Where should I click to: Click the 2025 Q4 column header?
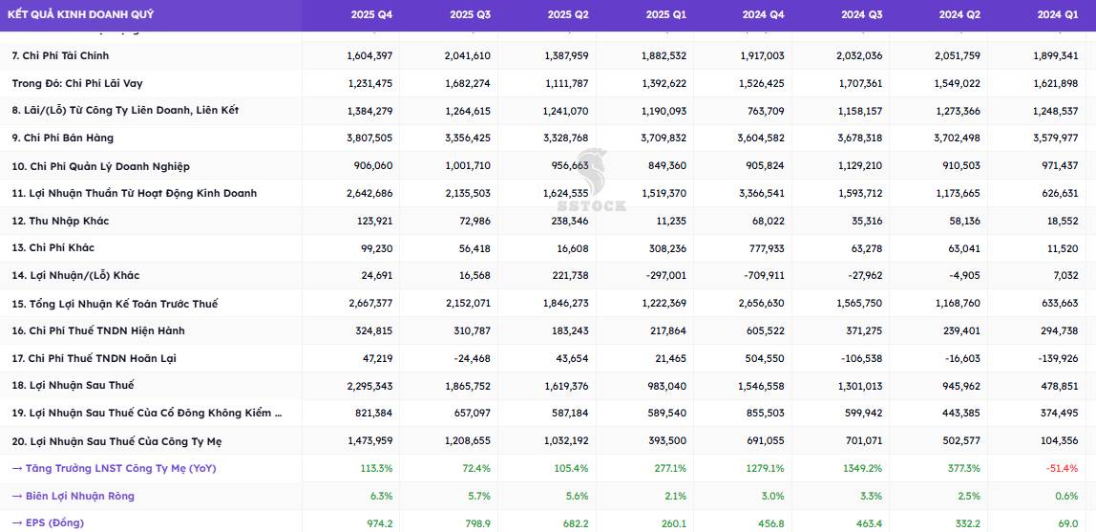371,14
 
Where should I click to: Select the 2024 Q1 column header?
1058,14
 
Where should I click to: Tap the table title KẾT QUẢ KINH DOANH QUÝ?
80,14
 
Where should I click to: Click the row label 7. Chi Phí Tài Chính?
61,55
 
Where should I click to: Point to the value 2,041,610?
468,55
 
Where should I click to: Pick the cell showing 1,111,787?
566,83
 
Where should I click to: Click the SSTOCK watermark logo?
591,181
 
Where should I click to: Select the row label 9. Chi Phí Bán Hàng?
63,138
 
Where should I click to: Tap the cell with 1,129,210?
860,165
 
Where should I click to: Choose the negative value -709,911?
764,275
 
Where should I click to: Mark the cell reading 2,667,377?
369,304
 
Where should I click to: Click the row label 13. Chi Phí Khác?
53,247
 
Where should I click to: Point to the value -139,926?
1057,358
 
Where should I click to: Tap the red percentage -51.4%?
1063,468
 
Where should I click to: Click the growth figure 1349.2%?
864,468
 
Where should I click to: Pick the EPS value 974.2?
380,522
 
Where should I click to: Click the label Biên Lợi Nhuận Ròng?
79,496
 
